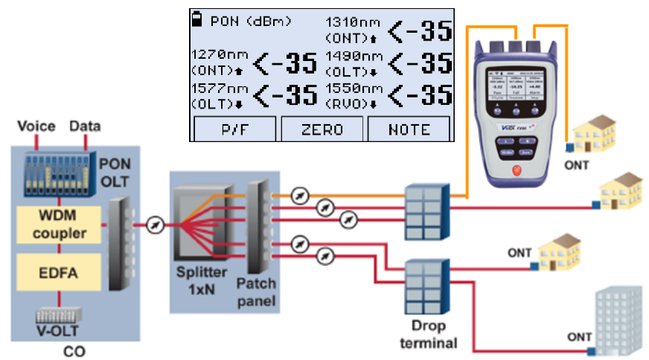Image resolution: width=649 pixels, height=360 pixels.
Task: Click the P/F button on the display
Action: pos(234,129)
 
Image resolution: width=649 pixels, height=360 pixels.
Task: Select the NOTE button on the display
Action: pos(409,129)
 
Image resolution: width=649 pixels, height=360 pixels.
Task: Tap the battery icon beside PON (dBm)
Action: pos(198,20)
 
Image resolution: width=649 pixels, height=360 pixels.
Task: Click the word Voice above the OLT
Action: pos(36,126)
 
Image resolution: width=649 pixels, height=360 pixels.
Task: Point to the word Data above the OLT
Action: pos(84,126)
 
